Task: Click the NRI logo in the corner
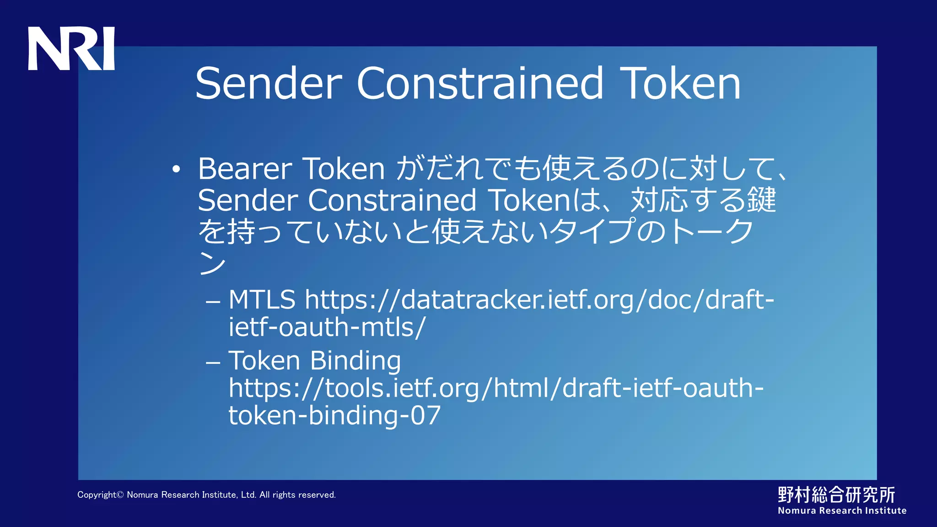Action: [71, 48]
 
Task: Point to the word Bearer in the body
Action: [245, 169]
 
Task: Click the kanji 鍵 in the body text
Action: [761, 200]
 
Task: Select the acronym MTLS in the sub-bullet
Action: [262, 300]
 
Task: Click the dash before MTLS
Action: [213, 302]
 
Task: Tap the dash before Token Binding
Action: [213, 363]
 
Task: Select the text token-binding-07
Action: [334, 416]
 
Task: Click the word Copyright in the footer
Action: [97, 495]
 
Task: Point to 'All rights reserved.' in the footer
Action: [297, 495]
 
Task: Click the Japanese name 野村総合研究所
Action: [836, 495]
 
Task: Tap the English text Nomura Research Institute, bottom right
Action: [842, 511]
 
